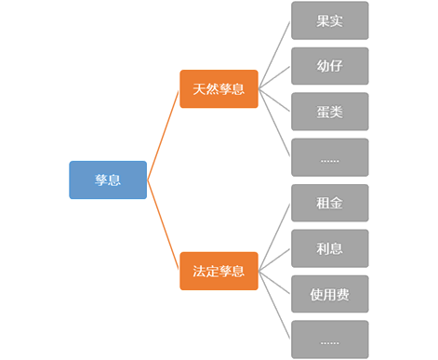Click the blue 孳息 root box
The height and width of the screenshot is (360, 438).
click(x=108, y=180)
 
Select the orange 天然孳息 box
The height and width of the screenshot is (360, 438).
click(x=219, y=89)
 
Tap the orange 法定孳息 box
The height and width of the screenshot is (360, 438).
click(x=219, y=271)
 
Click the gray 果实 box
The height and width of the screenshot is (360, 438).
click(x=329, y=20)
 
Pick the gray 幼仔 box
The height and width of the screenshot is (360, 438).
click(x=329, y=66)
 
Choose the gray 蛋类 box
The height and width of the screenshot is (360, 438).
click(x=329, y=112)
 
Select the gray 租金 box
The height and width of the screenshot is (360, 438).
click(x=329, y=203)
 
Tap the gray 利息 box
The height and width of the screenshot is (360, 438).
click(x=329, y=248)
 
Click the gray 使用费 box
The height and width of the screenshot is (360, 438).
click(x=329, y=294)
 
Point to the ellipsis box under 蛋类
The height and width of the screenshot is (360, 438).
click(x=329, y=157)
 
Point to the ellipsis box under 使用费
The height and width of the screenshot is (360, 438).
click(x=329, y=340)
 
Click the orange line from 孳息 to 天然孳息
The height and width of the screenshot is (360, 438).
click(x=164, y=135)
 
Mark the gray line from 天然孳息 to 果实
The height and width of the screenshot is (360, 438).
click(x=274, y=55)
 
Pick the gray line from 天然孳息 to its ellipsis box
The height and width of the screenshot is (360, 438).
click(x=274, y=124)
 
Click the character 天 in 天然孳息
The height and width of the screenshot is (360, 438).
click(x=199, y=89)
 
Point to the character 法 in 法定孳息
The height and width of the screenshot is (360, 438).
click(x=199, y=272)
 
